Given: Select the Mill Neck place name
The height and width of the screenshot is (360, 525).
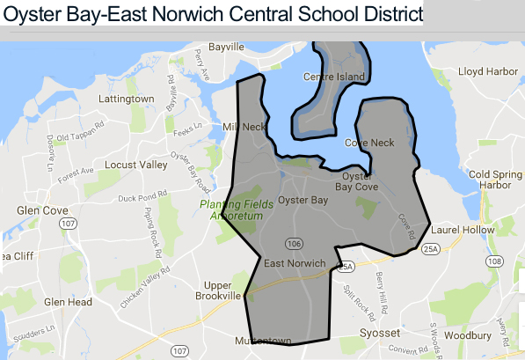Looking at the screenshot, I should (x=244, y=127).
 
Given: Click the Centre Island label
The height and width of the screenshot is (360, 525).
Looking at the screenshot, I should (x=333, y=77).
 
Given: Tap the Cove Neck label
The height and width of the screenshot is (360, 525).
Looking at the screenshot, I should (x=369, y=143).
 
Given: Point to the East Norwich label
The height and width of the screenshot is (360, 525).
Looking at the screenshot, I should (x=295, y=263).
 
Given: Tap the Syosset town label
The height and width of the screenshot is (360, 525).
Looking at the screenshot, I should (x=380, y=334).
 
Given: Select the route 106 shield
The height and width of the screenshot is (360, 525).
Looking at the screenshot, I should (x=290, y=242).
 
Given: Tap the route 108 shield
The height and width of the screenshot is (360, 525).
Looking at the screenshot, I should (x=495, y=261).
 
